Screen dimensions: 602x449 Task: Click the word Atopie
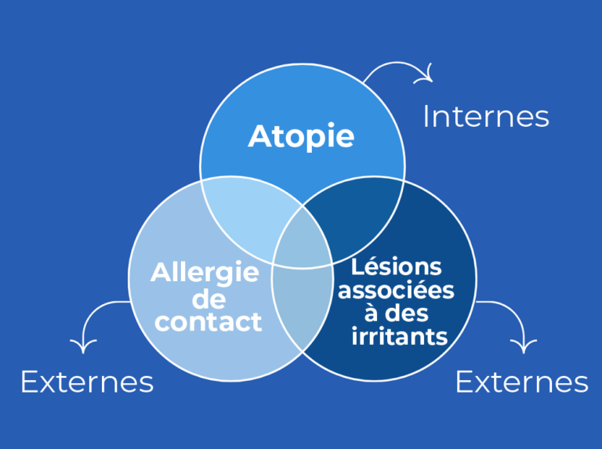coord(301,137)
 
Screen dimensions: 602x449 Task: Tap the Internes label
coord(486,116)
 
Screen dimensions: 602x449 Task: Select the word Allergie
coord(205,273)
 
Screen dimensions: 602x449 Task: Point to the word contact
coord(208,321)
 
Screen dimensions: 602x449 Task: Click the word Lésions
coord(396,266)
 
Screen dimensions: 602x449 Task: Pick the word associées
coord(396,291)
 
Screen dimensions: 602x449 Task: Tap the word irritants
coord(399,336)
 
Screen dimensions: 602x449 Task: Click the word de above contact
coord(209,299)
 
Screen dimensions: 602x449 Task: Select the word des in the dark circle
coord(407,313)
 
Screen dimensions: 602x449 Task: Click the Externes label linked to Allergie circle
coord(87,382)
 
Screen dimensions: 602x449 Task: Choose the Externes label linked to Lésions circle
coord(522,382)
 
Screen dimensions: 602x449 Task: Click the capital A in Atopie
coord(259,136)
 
